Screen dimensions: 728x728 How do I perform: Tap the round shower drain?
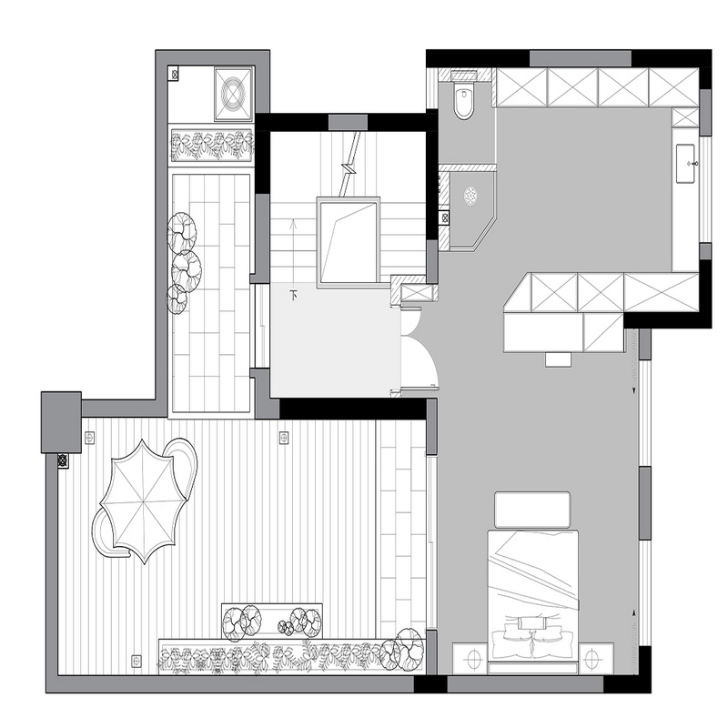coord(471,195)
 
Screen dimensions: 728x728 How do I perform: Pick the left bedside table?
coord(470,658)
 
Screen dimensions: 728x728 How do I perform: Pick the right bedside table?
coord(596,658)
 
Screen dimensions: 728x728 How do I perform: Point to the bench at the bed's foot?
coord(532,510)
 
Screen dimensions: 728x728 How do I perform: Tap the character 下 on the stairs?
coord(293,294)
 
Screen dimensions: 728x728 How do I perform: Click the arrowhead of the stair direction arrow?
coord(293,224)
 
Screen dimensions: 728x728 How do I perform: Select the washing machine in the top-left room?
coord(234,94)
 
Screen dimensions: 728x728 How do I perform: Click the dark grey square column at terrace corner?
coord(61,422)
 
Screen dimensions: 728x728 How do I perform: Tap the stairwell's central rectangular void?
coord(349,240)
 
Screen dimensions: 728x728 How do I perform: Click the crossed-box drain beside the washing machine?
coord(175,74)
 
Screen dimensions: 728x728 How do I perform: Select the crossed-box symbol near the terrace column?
coord(63,461)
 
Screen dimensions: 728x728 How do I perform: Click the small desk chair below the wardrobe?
coord(558,359)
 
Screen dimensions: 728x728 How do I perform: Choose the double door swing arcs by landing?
coord(420,348)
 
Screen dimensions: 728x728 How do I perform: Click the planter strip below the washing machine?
coord(212,145)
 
